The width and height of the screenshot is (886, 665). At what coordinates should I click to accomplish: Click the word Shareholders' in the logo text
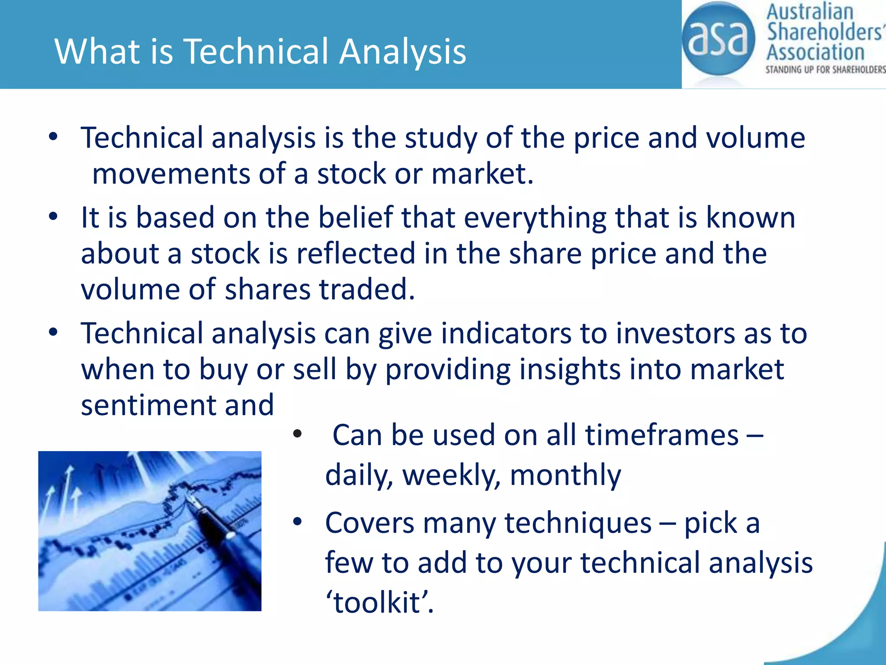tap(824, 32)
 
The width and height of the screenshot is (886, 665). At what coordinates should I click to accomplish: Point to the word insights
tap(569, 370)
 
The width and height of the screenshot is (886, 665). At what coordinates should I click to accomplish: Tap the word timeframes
tap(662, 435)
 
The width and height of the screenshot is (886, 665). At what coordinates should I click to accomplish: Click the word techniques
tap(578, 523)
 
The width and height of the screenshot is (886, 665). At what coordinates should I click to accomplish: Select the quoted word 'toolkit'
tap(379, 602)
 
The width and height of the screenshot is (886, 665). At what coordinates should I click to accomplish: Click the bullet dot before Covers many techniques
tap(297, 522)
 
